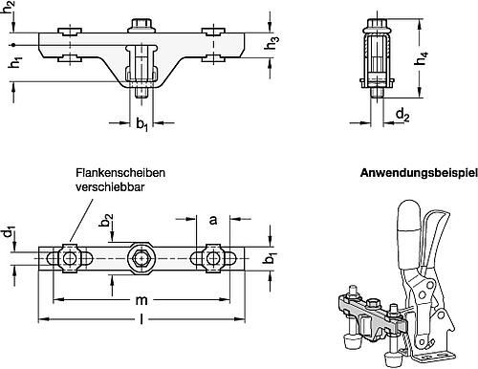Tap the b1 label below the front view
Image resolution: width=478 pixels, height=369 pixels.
141,123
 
